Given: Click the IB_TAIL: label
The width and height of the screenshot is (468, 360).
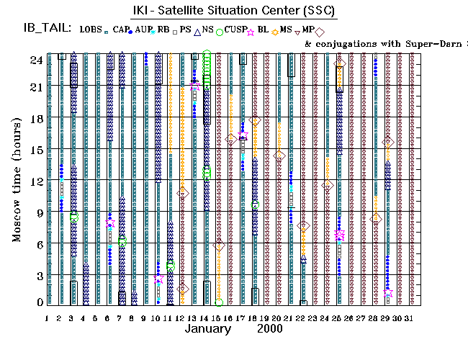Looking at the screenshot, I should point(40,29).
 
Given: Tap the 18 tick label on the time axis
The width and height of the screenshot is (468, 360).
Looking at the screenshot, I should point(35,120).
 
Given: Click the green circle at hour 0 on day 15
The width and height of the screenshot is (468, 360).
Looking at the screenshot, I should point(219,302).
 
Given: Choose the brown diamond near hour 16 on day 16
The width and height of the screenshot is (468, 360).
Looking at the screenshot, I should point(231,139).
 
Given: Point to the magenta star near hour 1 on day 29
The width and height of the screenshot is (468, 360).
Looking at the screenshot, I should point(388,294).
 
